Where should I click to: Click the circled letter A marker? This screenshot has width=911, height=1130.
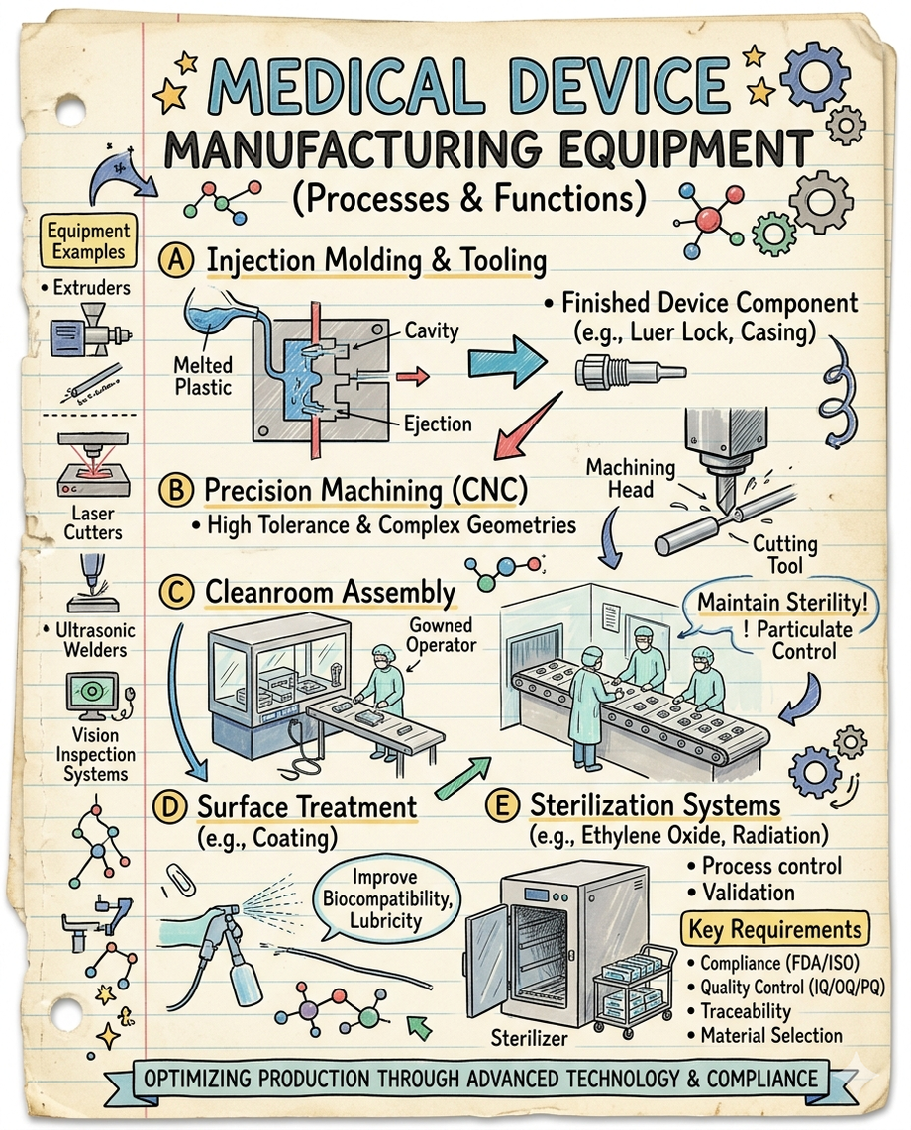click(176, 261)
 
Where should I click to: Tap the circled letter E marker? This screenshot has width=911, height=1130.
click(503, 806)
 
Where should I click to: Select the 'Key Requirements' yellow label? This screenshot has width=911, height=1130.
click(773, 929)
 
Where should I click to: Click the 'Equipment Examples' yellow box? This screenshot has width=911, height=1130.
click(91, 240)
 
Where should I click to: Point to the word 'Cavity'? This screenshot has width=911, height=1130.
click(432, 330)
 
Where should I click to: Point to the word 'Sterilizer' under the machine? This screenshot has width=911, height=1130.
click(530, 1038)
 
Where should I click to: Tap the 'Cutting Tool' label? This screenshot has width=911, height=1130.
click(784, 554)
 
